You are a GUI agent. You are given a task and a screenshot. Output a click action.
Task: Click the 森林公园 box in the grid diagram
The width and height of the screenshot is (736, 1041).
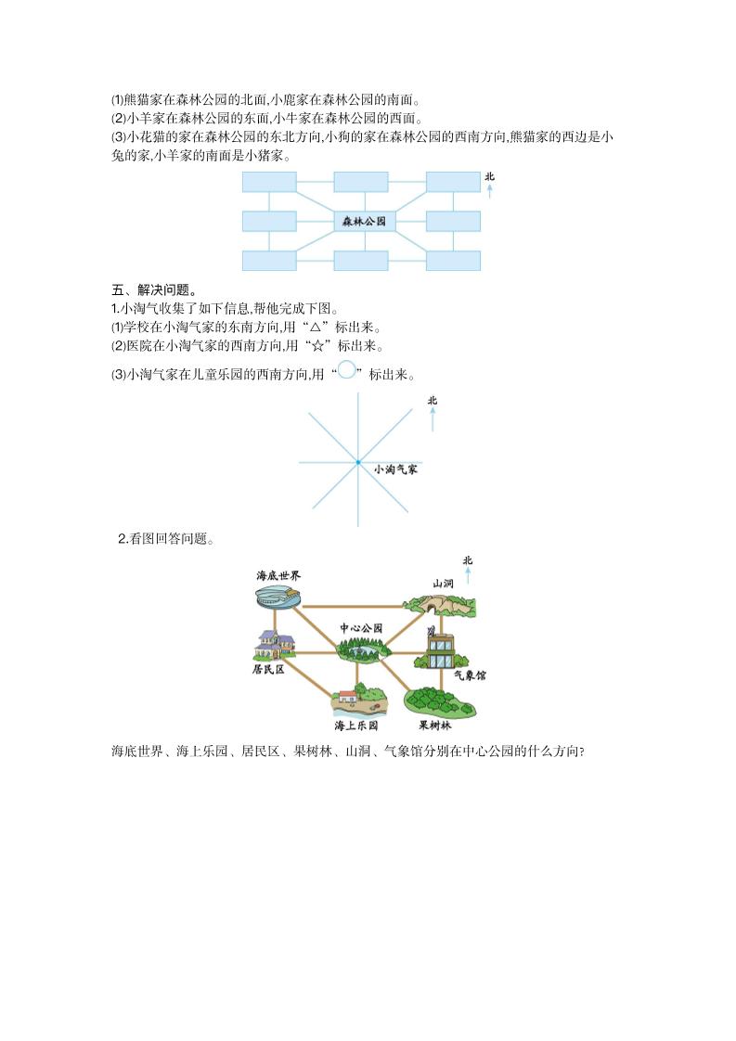tap(363, 221)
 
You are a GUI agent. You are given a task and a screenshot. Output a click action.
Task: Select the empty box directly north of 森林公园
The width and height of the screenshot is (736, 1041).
tap(361, 182)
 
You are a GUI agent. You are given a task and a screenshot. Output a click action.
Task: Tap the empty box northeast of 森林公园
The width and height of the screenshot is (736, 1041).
tap(453, 182)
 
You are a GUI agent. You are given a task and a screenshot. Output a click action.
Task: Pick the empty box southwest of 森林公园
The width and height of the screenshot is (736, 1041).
tap(269, 260)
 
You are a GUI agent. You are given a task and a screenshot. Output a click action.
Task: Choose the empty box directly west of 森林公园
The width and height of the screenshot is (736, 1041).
tap(269, 221)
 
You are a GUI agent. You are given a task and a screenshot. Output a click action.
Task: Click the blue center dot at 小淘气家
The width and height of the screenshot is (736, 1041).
tap(358, 462)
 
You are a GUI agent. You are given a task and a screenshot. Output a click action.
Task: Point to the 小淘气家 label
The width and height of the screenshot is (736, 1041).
tap(395, 469)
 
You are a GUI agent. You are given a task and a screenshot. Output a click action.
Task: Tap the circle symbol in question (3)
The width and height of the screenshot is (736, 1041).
tap(347, 369)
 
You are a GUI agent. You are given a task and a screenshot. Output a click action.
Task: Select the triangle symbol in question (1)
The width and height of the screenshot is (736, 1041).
tap(316, 328)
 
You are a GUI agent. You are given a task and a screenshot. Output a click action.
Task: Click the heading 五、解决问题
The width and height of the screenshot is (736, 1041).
tap(153, 290)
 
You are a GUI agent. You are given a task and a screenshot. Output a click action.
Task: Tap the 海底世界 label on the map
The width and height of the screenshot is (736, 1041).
tap(278, 575)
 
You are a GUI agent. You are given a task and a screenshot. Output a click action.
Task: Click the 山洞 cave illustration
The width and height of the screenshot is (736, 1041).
tap(440, 603)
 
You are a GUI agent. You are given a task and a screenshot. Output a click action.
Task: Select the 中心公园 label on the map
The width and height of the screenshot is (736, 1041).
tap(361, 628)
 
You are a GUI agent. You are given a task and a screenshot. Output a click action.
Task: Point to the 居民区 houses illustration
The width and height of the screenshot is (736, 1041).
tap(274, 644)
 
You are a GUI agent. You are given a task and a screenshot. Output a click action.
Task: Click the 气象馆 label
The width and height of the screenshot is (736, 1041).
tap(470, 675)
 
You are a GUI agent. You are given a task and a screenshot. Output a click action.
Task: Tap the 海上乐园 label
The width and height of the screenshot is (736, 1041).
tap(356, 726)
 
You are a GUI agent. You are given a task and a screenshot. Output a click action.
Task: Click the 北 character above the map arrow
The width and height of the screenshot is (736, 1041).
tap(468, 561)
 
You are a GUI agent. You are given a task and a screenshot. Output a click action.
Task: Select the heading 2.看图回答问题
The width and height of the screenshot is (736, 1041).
tap(165, 539)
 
